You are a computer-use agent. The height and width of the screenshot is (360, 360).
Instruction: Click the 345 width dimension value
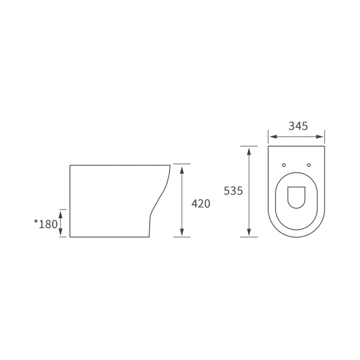click(x=298, y=126)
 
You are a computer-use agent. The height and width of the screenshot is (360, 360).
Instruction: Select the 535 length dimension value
click(x=234, y=191)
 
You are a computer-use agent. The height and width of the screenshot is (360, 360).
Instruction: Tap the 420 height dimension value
click(x=201, y=203)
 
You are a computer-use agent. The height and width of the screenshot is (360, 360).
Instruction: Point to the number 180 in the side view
click(x=48, y=224)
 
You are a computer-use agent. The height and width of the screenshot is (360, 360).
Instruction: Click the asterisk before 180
click(x=36, y=222)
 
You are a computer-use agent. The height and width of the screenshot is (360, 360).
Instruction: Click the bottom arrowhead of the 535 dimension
click(x=248, y=233)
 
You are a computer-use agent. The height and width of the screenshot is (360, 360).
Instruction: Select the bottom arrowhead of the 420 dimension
click(x=181, y=233)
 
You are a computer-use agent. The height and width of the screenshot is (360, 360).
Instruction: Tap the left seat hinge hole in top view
click(x=283, y=165)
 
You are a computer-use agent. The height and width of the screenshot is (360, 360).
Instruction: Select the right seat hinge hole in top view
click(x=310, y=165)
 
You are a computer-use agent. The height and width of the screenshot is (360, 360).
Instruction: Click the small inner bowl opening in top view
click(x=297, y=197)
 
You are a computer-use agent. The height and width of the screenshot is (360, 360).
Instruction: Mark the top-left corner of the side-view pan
click(x=70, y=165)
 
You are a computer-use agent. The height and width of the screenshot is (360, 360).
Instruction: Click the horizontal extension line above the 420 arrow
click(x=181, y=164)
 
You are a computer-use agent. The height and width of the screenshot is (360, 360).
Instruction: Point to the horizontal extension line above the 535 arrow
click(x=248, y=146)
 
